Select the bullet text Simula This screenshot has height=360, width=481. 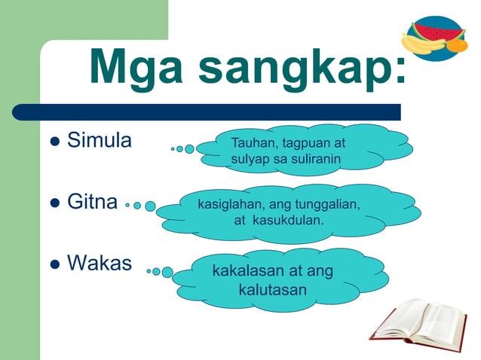100,140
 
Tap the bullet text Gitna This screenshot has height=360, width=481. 93,202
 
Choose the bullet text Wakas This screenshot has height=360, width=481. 100,263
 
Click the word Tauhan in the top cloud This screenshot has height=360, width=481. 253,143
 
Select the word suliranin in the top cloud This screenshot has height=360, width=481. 313,160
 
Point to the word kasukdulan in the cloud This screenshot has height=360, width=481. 290,221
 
